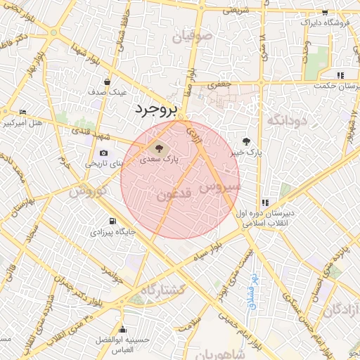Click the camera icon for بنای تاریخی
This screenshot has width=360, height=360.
104,153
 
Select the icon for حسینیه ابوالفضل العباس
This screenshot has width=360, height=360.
123,329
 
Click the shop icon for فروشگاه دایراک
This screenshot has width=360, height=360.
324,13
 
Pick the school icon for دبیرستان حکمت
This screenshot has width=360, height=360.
340,75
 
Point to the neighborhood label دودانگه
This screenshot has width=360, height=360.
288,120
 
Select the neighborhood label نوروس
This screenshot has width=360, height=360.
89,191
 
